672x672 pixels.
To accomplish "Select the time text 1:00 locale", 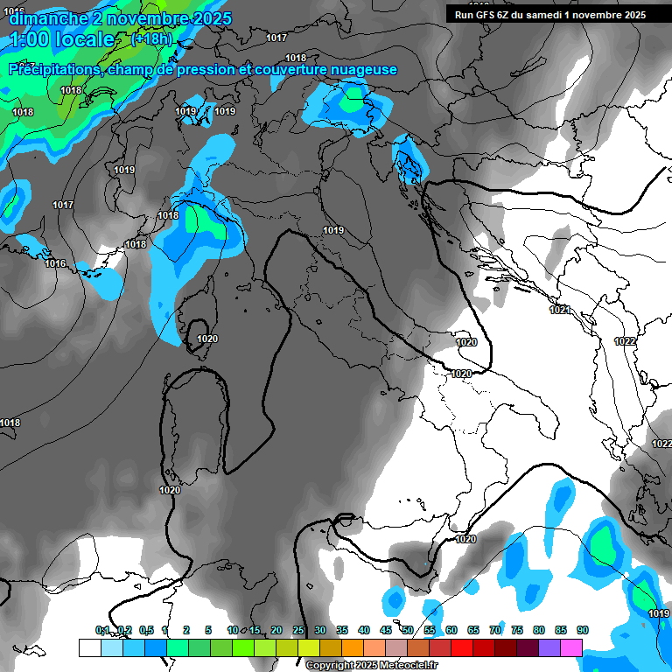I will click(x=62, y=39).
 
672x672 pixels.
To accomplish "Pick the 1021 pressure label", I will click(x=560, y=310).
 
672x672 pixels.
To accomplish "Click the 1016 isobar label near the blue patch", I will click(x=55, y=263).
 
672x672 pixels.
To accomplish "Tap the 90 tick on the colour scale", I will click(x=582, y=630).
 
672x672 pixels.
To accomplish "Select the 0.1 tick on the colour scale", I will click(x=101, y=630).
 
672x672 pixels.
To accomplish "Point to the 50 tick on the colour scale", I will click(x=408, y=630).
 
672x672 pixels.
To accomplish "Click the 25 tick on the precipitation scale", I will click(x=298, y=630).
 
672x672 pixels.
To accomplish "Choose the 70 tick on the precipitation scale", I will click(x=495, y=630).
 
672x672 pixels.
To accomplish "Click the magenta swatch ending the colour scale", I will click(x=571, y=647).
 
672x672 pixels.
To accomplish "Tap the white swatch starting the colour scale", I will click(x=89, y=647).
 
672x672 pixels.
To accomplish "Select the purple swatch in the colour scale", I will click(x=549, y=647).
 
